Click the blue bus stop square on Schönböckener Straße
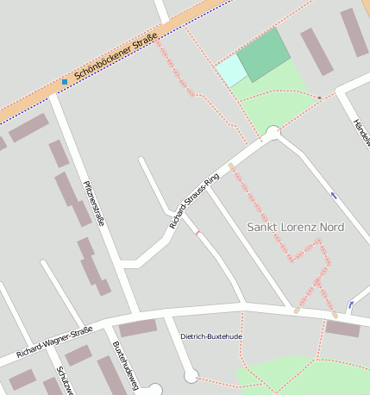tap(64, 82)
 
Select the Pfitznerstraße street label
tap(94, 203)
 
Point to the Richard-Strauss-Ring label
tap(194, 200)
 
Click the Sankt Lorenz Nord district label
tap(295, 227)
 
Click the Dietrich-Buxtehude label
tap(211, 335)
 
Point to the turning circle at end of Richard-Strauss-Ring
tap(273, 133)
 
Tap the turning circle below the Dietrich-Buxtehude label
tap(191, 376)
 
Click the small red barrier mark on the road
tap(198, 231)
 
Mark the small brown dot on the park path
tap(319, 97)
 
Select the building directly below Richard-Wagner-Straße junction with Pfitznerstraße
tap(138, 328)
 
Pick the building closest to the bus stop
tap(29, 128)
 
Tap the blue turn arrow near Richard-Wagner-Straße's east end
tap(350, 304)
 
